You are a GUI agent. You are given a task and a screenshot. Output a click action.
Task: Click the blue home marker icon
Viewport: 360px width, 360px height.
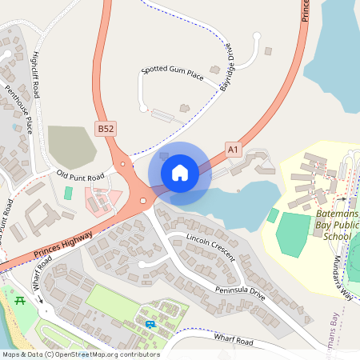[180, 172]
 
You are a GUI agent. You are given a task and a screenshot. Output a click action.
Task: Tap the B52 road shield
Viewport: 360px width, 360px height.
[105, 128]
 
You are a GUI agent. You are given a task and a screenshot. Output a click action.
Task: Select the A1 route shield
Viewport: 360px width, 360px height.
[233, 149]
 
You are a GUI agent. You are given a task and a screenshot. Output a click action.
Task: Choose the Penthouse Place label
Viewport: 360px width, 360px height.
[18, 108]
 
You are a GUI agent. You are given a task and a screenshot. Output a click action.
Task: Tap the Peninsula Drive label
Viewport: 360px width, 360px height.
[240, 287]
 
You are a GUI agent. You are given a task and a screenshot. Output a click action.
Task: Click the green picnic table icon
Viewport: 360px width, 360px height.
[22, 300]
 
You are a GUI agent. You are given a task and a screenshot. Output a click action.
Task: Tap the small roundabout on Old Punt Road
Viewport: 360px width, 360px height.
[122, 164]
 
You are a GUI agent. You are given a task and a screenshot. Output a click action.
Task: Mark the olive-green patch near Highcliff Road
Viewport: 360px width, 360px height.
[71, 146]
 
